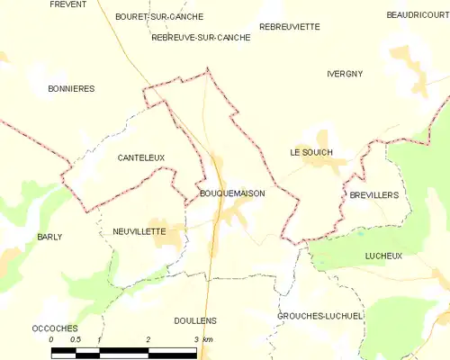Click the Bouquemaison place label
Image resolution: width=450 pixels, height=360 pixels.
click(230, 193)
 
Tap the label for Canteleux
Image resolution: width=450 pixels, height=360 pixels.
click(141, 157)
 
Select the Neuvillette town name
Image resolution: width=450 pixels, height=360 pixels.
click(139, 231)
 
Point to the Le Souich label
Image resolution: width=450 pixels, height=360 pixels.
click(311, 152)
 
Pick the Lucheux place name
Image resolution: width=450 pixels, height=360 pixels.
click(383, 256)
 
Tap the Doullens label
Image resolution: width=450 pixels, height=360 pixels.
click(195, 320)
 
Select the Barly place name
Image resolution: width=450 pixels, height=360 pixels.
click(49, 237)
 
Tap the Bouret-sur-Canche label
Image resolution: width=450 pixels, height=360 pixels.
click(159, 16)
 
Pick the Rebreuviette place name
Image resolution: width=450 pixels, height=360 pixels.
click(289, 27)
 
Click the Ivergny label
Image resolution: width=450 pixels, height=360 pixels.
click(345, 74)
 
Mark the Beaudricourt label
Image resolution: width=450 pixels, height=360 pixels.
click(418, 15)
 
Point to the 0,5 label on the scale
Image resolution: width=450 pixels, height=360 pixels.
click(76, 339)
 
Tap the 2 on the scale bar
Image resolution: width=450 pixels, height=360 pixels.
click(148, 339)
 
